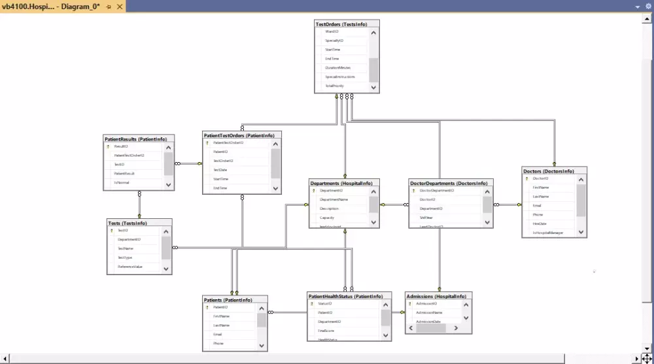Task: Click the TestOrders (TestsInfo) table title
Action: [341, 24]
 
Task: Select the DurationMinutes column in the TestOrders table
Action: [337, 67]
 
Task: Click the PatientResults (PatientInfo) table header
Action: [135, 139]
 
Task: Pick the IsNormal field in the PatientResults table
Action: [122, 182]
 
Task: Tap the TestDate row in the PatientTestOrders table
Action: [220, 169]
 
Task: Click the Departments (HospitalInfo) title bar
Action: [341, 184]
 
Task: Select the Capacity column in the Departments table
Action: [328, 217]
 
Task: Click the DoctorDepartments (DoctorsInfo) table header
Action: [449, 184]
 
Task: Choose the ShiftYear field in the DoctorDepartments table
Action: [426, 218]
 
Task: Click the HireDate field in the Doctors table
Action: [540, 223]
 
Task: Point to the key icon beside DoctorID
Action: [526, 178]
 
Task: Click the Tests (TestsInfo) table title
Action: [128, 223]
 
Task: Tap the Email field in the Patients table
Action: [217, 334]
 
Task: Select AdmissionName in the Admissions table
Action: [429, 312]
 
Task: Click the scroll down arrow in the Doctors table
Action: [581, 232]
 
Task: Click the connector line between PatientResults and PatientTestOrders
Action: [188, 164]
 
